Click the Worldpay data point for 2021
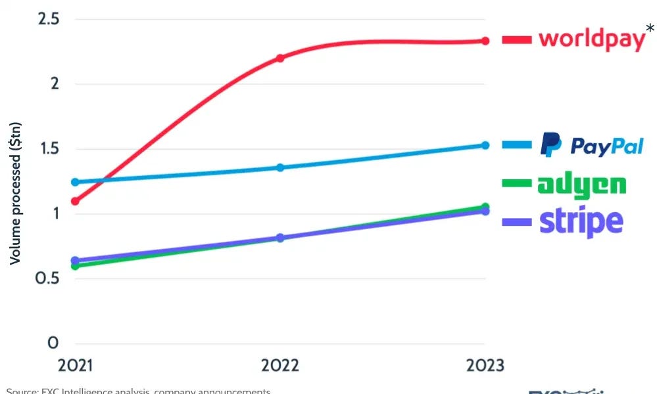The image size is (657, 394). tap(75, 201)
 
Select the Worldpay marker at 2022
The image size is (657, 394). tap(280, 58)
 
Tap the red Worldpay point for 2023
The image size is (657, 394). tap(485, 41)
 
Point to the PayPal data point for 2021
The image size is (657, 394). tap(75, 182)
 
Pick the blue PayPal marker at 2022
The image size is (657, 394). tap(280, 167)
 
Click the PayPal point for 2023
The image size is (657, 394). tap(485, 145)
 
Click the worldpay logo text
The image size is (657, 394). tap(591, 39)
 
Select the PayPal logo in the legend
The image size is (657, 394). tap(591, 145)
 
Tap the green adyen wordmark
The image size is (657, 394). tap(581, 185)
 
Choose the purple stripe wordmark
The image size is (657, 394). tap(581, 222)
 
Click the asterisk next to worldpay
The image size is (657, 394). tap(650, 28)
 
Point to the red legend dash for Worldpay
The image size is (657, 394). tap(516, 40)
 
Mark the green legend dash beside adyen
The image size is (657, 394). tap(516, 184)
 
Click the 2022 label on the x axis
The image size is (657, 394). tap(280, 364)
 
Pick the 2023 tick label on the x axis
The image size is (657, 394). tap(485, 364)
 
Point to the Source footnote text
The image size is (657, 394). tap(138, 391)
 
